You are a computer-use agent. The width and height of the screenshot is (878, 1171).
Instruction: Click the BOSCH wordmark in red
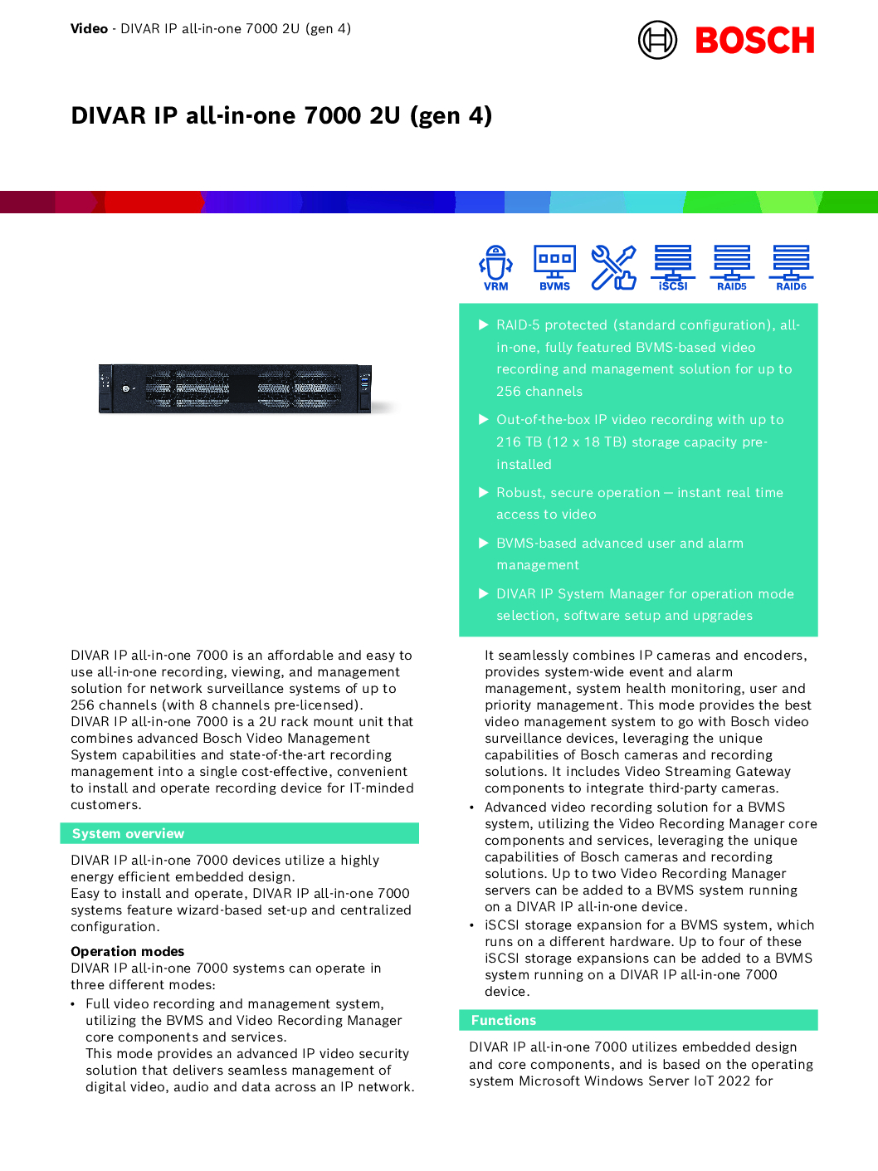point(754,41)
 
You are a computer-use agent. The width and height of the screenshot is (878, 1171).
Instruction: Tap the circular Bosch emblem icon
point(657,40)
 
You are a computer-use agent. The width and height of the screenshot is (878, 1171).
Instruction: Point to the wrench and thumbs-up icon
point(613,267)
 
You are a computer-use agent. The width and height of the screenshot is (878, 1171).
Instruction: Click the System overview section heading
point(128,833)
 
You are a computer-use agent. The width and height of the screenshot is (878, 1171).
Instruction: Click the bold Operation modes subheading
point(128,951)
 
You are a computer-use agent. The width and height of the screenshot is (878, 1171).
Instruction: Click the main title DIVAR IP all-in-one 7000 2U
point(281,115)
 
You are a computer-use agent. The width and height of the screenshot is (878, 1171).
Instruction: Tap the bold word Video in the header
point(89,29)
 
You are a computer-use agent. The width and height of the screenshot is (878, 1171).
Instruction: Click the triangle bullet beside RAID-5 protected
point(484,324)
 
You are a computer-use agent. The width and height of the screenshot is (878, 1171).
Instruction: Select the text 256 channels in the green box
point(539,391)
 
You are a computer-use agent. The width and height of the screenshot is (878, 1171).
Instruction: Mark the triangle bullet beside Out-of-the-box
point(484,419)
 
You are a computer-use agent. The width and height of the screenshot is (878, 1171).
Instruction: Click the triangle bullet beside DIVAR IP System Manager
point(484,593)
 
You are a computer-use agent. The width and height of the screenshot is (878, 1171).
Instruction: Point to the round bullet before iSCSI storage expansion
point(471,925)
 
